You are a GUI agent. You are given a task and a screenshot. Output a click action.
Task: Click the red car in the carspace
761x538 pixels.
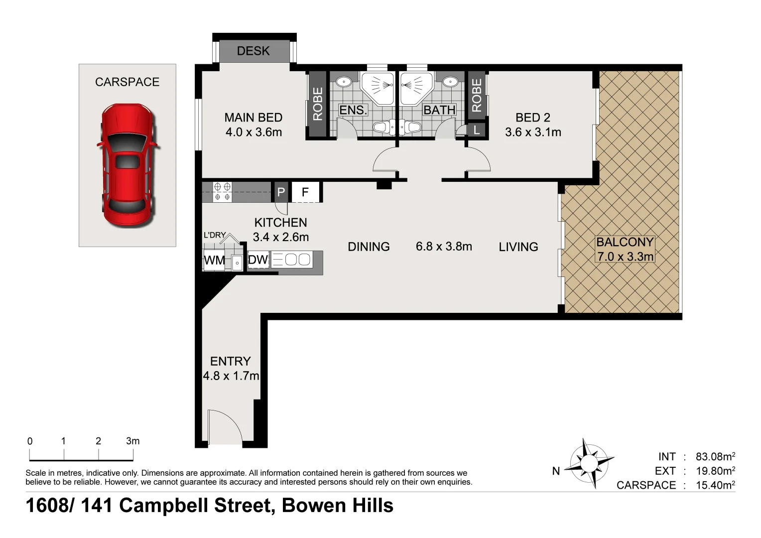[128, 165]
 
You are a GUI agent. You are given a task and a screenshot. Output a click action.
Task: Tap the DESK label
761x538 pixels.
[253, 51]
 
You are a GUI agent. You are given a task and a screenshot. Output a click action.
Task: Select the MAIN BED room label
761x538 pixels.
[254, 118]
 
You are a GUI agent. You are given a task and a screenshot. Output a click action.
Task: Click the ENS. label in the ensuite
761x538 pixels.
[353, 110]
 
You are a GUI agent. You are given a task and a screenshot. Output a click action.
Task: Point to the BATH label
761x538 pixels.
[439, 110]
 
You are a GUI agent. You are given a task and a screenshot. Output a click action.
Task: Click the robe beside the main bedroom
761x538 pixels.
[318, 104]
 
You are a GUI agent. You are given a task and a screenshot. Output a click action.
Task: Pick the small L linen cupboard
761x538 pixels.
[476, 130]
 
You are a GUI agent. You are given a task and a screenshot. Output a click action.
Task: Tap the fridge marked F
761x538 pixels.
[305, 192]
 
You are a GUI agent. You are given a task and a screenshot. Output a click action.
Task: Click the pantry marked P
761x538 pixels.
[280, 192]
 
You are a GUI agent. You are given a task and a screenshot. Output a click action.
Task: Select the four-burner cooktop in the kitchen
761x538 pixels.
[223, 192]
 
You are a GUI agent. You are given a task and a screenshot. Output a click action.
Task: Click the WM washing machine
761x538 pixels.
[214, 261]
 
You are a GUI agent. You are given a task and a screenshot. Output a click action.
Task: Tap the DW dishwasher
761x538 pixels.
[258, 260]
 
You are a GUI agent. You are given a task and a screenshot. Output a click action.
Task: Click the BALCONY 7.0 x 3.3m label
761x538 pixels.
[625, 249]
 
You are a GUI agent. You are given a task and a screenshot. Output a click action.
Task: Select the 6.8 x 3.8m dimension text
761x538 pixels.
[444, 247]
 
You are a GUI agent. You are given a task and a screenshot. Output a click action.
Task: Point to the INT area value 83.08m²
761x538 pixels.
[716, 456]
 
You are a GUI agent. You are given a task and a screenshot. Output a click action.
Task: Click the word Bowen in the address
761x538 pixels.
[314, 506]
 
